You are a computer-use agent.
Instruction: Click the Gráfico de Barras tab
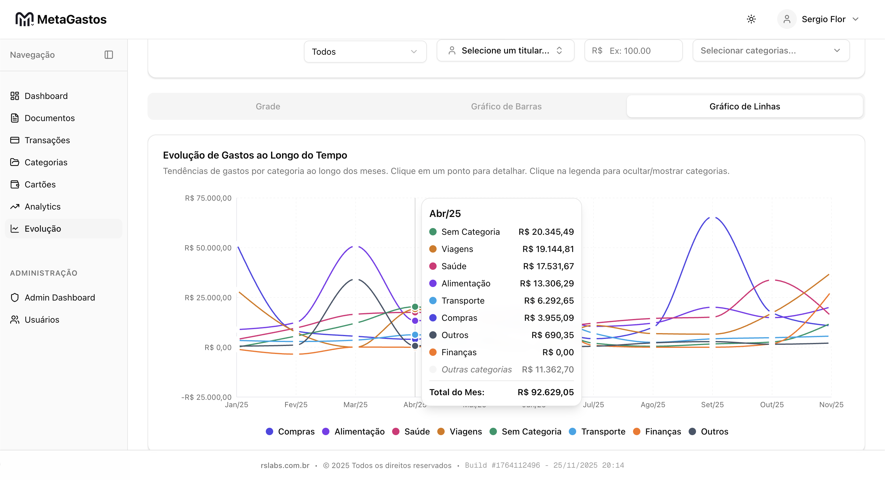pos(506,107)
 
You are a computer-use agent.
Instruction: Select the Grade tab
pos(268,107)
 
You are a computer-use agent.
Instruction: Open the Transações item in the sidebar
pos(47,140)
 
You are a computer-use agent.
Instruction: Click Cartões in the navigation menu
pos(40,184)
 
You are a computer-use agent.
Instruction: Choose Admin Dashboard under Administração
pos(59,297)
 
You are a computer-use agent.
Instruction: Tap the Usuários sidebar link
pos(41,320)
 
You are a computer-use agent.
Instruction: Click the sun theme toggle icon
pos(751,19)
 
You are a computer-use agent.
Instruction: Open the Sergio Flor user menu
pos(823,19)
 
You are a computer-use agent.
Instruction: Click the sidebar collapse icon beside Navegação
pos(108,55)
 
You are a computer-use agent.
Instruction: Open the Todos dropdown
pos(364,52)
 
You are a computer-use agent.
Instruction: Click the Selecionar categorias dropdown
pos(771,50)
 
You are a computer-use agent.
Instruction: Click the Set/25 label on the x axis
pos(712,404)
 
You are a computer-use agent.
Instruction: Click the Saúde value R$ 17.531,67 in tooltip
pos(548,266)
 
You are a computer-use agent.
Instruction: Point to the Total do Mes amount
pos(545,392)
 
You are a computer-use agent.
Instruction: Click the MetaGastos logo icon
pos(24,19)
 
